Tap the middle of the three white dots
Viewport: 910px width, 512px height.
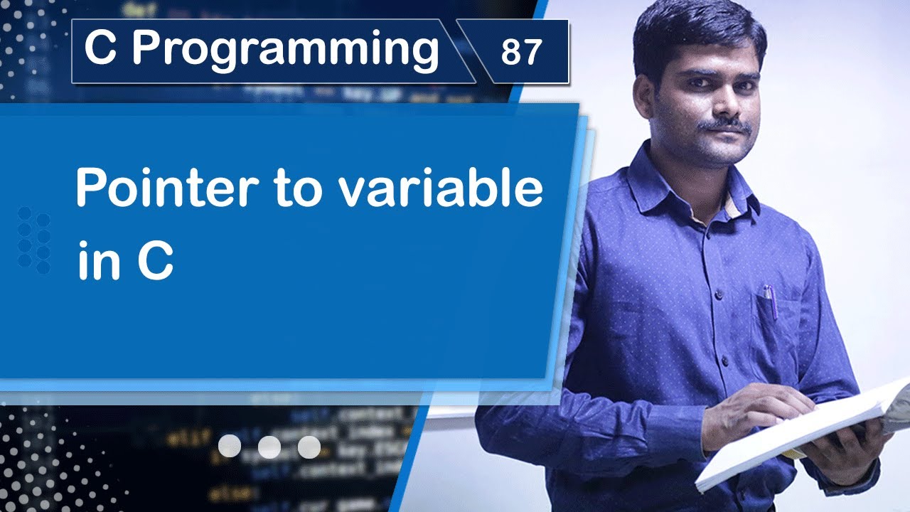coord(269,447)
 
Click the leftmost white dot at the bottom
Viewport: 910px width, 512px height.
coord(230,447)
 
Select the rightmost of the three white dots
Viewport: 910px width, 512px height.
coord(309,447)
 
